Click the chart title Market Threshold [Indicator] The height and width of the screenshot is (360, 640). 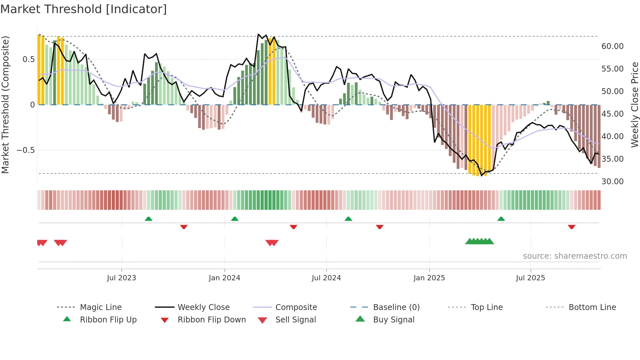click(x=84, y=9)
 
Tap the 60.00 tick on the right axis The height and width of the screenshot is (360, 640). click(x=612, y=46)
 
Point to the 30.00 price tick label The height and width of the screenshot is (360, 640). click(x=612, y=182)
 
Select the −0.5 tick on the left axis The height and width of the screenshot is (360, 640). click(x=25, y=150)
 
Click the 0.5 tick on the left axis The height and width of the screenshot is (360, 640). click(x=28, y=59)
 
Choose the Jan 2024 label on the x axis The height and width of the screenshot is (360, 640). click(x=224, y=278)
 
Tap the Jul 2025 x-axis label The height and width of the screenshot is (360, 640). click(x=530, y=278)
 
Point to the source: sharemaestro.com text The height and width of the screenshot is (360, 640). click(x=575, y=256)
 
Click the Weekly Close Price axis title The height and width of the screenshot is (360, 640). click(x=634, y=105)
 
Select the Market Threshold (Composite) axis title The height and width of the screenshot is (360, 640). click(x=5, y=105)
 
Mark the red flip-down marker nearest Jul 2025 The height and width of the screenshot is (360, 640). click(x=571, y=227)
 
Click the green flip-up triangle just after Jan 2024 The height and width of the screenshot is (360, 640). click(x=234, y=219)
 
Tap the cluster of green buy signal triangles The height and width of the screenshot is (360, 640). click(x=479, y=241)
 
